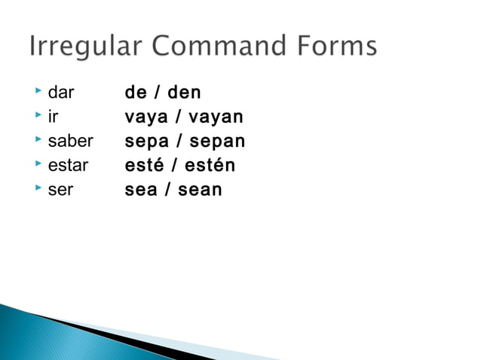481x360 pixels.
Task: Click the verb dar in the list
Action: coord(61,93)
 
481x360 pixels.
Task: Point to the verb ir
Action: coord(52,117)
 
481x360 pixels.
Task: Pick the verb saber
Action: coord(70,142)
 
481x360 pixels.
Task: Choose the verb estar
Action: coord(68,166)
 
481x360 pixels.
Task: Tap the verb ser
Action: coord(60,190)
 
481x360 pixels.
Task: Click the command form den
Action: coord(185,93)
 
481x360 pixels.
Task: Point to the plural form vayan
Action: coord(216,117)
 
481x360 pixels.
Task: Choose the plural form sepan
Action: coord(217,142)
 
